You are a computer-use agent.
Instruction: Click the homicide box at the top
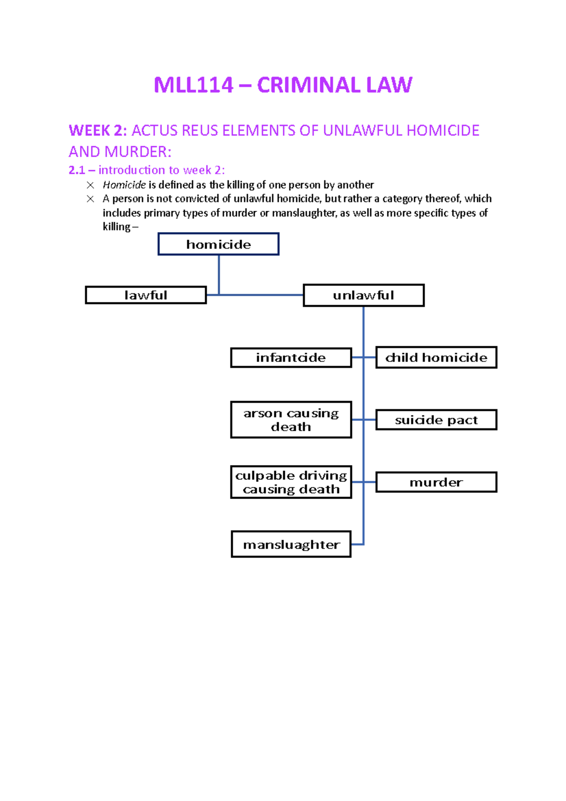coord(218,244)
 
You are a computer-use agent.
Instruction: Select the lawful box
coord(146,295)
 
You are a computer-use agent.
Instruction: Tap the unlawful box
coord(363,295)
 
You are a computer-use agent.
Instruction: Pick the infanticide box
coord(291,358)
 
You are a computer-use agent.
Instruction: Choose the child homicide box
coord(436,358)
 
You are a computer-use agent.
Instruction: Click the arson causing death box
coord(291,420)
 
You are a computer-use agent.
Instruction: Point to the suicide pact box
coord(436,420)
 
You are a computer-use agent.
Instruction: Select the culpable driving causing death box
coord(291,482)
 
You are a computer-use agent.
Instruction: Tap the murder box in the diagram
coord(436,482)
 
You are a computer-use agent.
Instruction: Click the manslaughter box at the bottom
coord(291,544)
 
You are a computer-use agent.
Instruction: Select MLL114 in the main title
coord(193,85)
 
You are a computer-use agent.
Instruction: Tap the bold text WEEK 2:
coord(98,131)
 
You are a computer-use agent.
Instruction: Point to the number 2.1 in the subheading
coord(76,170)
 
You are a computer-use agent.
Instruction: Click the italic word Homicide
coord(124,185)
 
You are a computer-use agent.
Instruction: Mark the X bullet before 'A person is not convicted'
coord(91,199)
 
